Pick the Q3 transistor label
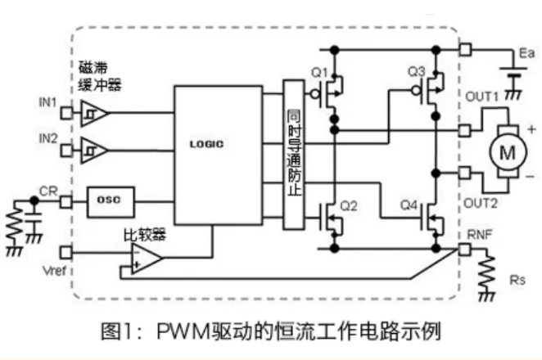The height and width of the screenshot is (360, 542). [x=417, y=71]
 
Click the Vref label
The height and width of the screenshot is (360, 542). [x=49, y=269]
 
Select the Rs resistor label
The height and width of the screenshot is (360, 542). [x=517, y=281]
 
